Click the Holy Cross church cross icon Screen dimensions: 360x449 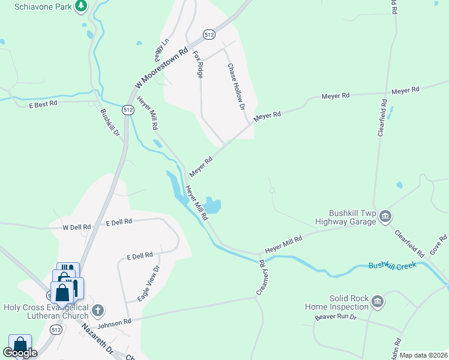pyautogui.click(x=98, y=311)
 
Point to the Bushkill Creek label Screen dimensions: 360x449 pyautogui.click(x=392, y=265)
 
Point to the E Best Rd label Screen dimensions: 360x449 pyautogui.click(x=43, y=104)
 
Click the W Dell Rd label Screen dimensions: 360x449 pyautogui.click(x=77, y=227)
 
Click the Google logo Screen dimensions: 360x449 pyautogui.click(x=19, y=353)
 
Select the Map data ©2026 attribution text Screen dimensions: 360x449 pyautogui.click(x=423, y=355)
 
